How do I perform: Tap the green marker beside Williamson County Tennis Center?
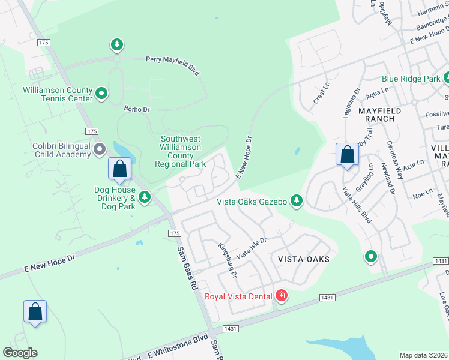point(101,93)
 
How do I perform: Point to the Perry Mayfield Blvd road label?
point(172,65)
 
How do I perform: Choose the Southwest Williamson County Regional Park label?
point(181,151)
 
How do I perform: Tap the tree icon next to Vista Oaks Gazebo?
point(296,200)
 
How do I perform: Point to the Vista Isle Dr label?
point(251,248)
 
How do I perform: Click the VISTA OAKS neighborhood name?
point(304,259)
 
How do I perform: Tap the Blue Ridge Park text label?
point(411,79)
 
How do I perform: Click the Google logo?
point(20,353)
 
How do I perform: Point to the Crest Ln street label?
point(322,94)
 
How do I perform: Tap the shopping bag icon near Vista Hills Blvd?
point(347,154)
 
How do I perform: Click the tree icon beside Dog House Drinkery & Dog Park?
point(145,197)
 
